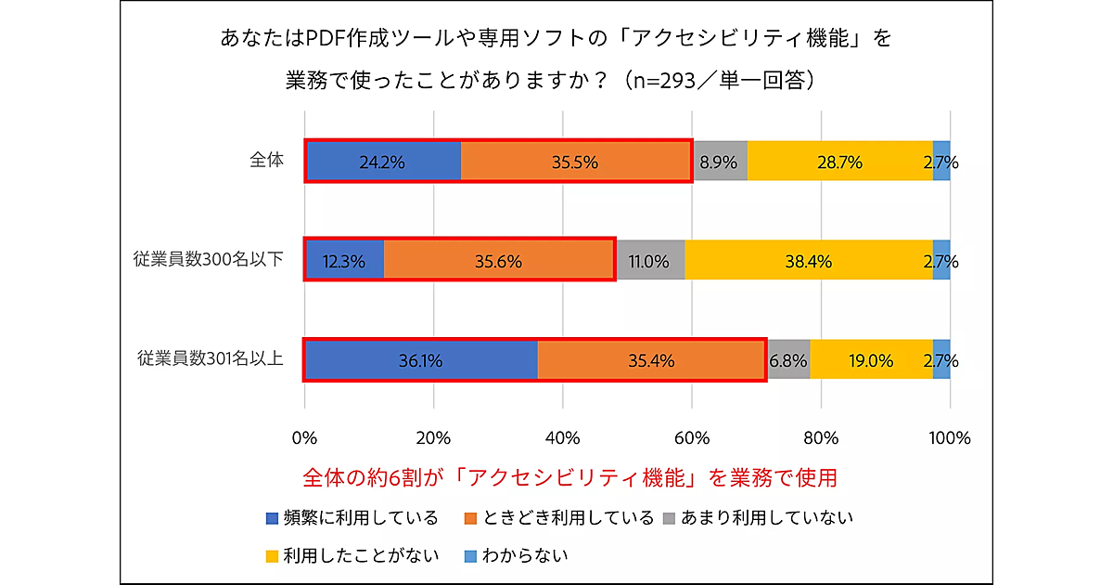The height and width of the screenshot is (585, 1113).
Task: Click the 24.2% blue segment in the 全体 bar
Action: coord(383,162)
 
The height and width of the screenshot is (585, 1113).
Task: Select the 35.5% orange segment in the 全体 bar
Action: coord(575,162)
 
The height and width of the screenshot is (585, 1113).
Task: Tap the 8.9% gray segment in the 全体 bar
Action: coord(719,162)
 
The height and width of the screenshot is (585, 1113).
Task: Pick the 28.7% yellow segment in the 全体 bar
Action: coord(839,162)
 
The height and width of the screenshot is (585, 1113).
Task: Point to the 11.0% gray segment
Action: coord(649,261)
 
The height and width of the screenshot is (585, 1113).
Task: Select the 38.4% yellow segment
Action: coord(808,261)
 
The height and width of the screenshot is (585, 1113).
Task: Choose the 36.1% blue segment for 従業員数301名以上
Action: coord(421,359)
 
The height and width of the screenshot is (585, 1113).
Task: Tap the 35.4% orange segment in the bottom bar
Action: coord(651,359)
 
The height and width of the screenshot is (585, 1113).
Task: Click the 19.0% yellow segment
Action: coord(871,359)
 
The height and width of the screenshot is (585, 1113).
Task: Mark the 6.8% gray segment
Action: coord(788,359)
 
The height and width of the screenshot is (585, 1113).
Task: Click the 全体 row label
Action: coord(266,160)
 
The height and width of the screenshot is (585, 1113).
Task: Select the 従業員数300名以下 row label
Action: coord(209,259)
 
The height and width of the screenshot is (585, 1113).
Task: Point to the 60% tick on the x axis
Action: coord(692,437)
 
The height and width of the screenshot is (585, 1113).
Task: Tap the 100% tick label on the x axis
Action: coord(949,437)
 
